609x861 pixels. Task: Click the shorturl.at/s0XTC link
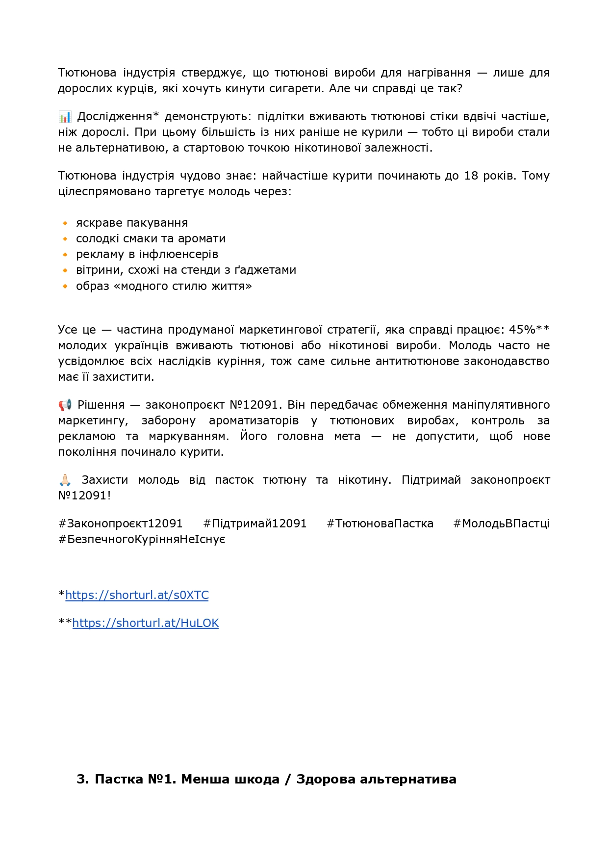pos(137,595)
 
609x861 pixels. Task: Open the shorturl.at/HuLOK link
pos(145,623)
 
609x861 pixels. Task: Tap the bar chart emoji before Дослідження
pos(64,117)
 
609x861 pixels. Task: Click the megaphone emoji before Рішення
pos(65,405)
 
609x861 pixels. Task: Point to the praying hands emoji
pos(65,480)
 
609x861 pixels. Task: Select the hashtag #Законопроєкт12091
pos(121,523)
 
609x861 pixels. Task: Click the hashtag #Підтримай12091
pos(255,523)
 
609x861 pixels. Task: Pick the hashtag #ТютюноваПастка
pos(380,523)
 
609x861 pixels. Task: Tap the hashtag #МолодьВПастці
pos(501,523)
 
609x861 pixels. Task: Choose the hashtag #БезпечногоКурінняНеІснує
pos(142,539)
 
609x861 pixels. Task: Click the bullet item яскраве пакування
pos(132,223)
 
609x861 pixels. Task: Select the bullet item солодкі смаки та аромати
pos(151,238)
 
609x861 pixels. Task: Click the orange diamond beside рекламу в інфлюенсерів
pos(65,255)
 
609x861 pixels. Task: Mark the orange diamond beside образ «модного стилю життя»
pos(65,286)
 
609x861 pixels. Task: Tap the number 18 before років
pos(471,176)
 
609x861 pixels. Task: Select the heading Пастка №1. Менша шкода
pos(267,779)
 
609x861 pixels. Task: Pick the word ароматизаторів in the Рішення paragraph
pos(254,420)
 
